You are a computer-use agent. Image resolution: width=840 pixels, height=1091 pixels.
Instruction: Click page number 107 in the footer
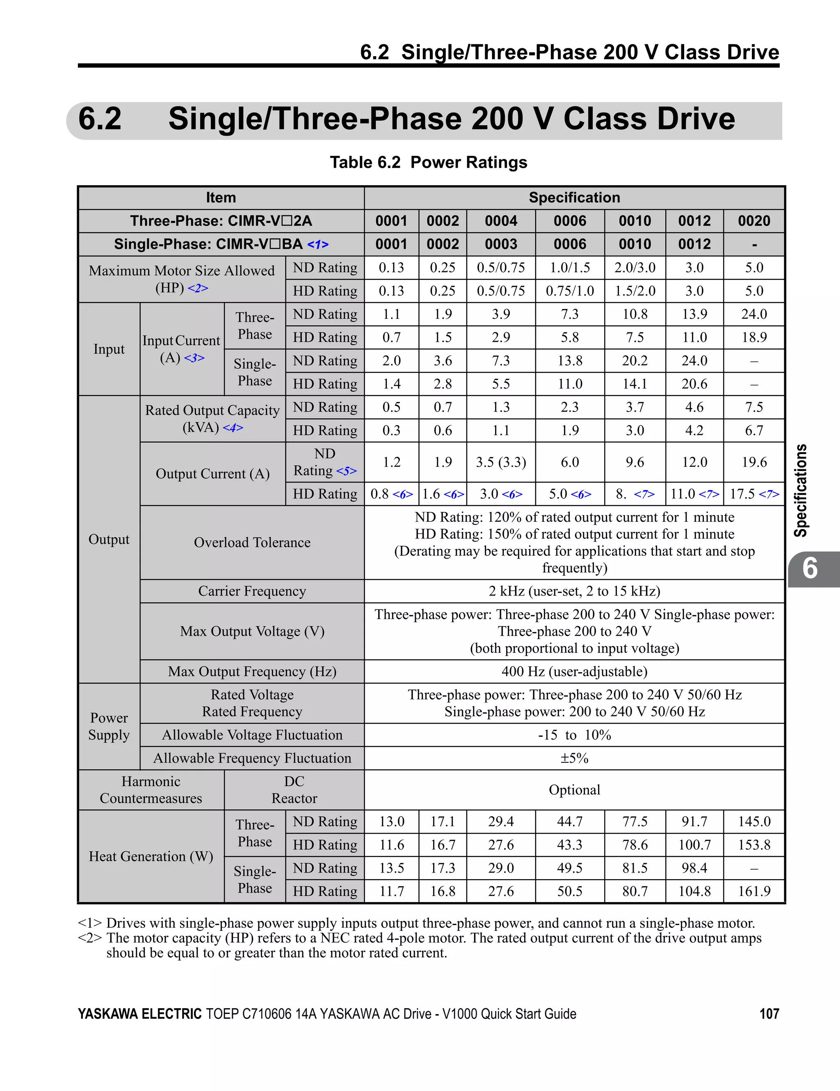pyautogui.click(x=769, y=1014)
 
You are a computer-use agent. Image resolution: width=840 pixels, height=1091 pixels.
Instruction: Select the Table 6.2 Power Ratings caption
pyautogui.click(x=429, y=162)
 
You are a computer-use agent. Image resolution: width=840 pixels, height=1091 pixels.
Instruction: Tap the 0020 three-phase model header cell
pyautogui.click(x=754, y=221)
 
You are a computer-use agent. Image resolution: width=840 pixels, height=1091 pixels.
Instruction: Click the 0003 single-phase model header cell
pyautogui.click(x=501, y=244)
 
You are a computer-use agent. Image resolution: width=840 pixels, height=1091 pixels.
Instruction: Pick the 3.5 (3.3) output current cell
pyautogui.click(x=501, y=462)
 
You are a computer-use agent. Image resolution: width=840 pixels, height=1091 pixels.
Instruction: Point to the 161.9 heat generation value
pyautogui.click(x=754, y=891)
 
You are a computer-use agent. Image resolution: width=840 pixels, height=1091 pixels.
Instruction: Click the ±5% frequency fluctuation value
pyautogui.click(x=574, y=758)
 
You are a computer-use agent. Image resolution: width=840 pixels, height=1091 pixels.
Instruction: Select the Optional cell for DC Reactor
pyautogui.click(x=574, y=790)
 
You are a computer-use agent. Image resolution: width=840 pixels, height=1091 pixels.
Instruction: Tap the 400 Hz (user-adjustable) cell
pyautogui.click(x=574, y=671)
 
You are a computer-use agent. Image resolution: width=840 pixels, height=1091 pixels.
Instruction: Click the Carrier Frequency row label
pyautogui.click(x=252, y=591)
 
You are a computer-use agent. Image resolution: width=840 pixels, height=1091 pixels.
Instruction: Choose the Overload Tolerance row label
pyautogui.click(x=252, y=543)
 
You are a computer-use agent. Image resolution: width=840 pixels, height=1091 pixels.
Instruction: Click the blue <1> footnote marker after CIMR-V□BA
pyautogui.click(x=318, y=245)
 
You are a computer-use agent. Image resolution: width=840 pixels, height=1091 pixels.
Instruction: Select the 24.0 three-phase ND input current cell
pyautogui.click(x=754, y=314)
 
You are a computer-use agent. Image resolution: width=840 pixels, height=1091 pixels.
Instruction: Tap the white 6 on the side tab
pyautogui.click(x=810, y=569)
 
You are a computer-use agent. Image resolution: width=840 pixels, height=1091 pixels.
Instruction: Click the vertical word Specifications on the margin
pyautogui.click(x=801, y=491)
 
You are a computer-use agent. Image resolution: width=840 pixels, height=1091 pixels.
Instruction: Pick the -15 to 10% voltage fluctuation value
pyautogui.click(x=574, y=735)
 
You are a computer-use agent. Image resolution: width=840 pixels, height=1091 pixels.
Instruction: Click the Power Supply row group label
pyautogui.click(x=109, y=726)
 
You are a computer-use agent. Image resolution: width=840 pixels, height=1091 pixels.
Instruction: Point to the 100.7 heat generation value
pyautogui.click(x=694, y=845)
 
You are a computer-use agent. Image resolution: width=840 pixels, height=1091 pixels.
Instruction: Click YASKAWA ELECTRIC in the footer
pyautogui.click(x=139, y=1014)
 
